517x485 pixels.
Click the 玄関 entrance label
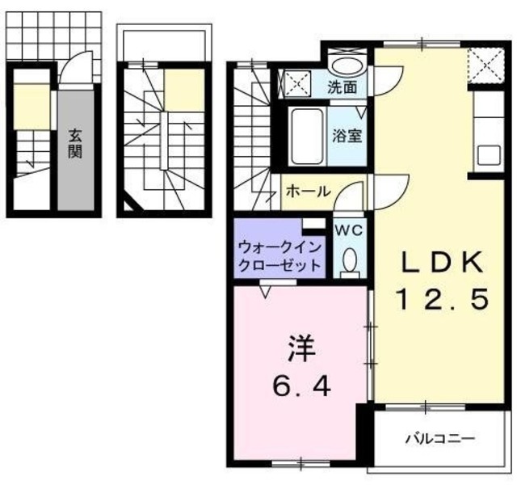pos(74,143)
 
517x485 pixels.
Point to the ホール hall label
pos(308,192)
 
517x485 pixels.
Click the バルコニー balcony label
pos(440,439)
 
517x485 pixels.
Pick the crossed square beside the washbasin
pos(295,83)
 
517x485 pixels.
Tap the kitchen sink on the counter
pos(490,154)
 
